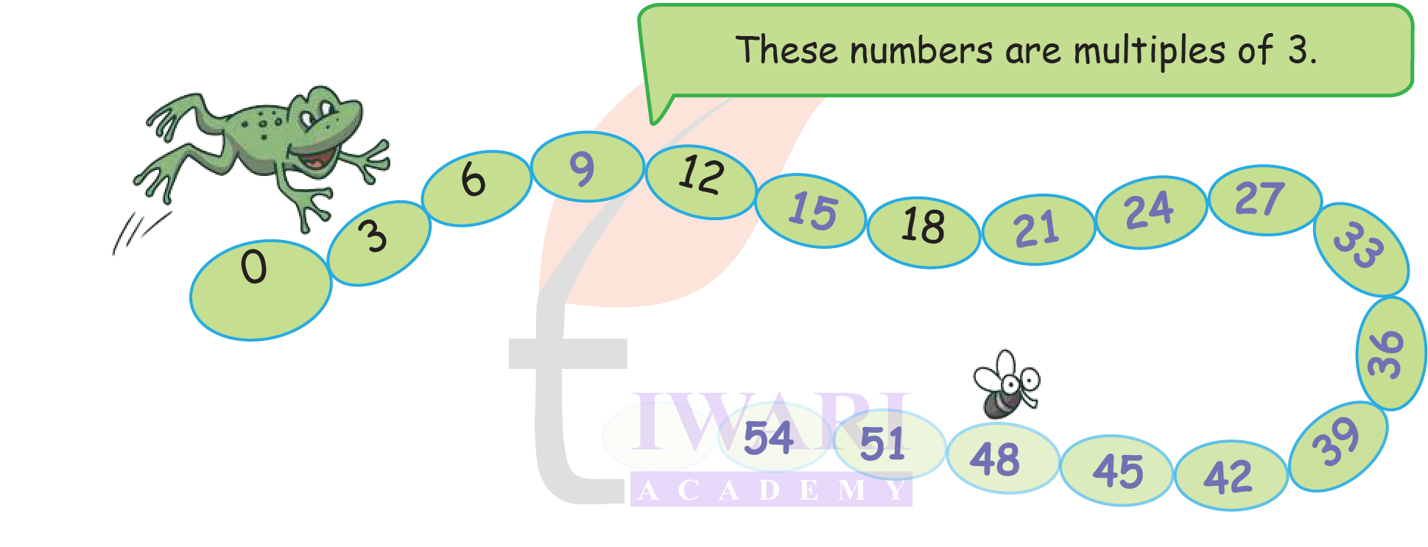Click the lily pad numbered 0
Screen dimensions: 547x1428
click(260, 289)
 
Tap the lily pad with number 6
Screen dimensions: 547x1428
click(476, 187)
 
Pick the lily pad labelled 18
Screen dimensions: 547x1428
click(924, 231)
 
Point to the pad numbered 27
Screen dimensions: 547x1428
click(1265, 200)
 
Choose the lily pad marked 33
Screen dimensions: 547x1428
click(1361, 249)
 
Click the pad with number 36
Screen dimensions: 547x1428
click(1390, 353)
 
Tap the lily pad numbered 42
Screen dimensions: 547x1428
click(1231, 476)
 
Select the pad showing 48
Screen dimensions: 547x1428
click(1002, 458)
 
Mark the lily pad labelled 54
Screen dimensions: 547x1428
click(772, 437)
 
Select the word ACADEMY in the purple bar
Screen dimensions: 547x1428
click(771, 490)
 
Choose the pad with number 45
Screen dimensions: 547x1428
click(1116, 470)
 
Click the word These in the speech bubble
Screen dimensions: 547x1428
click(787, 51)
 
